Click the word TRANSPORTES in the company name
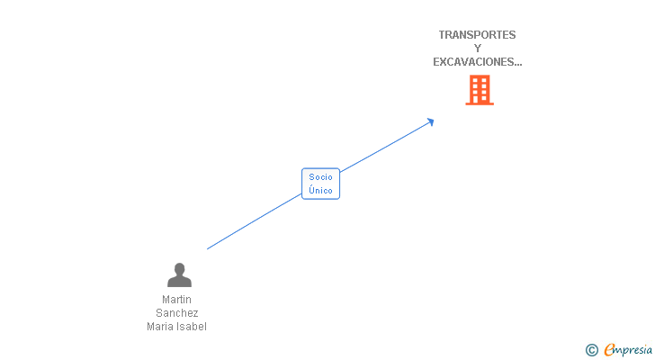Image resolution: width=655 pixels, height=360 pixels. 477,35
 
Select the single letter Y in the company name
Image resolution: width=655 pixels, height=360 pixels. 478,49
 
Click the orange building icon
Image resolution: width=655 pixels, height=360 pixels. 480,90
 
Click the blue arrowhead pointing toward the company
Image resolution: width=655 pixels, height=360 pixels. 431,121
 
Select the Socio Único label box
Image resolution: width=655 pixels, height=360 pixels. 320,184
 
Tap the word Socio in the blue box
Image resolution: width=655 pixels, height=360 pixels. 320,177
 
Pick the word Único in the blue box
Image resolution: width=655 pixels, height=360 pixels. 320,191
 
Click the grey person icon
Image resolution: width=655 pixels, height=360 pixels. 179,274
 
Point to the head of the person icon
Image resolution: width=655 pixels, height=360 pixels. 179,269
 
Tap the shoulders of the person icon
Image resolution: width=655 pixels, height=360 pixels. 179,283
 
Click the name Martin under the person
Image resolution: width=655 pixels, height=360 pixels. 177,300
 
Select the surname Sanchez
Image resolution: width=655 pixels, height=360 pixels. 177,313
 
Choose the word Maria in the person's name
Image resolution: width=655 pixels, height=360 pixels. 160,327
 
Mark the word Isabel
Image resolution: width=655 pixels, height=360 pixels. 192,327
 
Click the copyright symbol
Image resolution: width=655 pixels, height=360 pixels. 592,350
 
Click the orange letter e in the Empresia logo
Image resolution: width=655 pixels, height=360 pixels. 609,350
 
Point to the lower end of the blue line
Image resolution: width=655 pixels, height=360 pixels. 208,248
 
